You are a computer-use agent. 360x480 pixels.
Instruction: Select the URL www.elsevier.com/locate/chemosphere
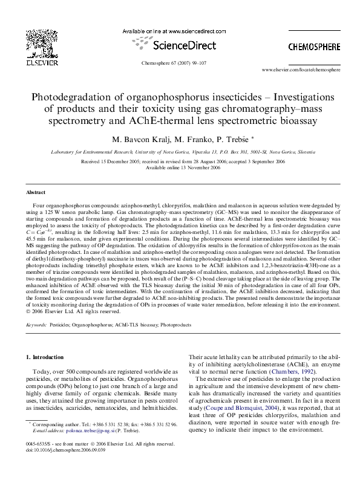(300, 71)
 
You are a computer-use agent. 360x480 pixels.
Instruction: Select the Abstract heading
(35, 192)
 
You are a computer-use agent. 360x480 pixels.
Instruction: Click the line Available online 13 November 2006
(180, 168)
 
